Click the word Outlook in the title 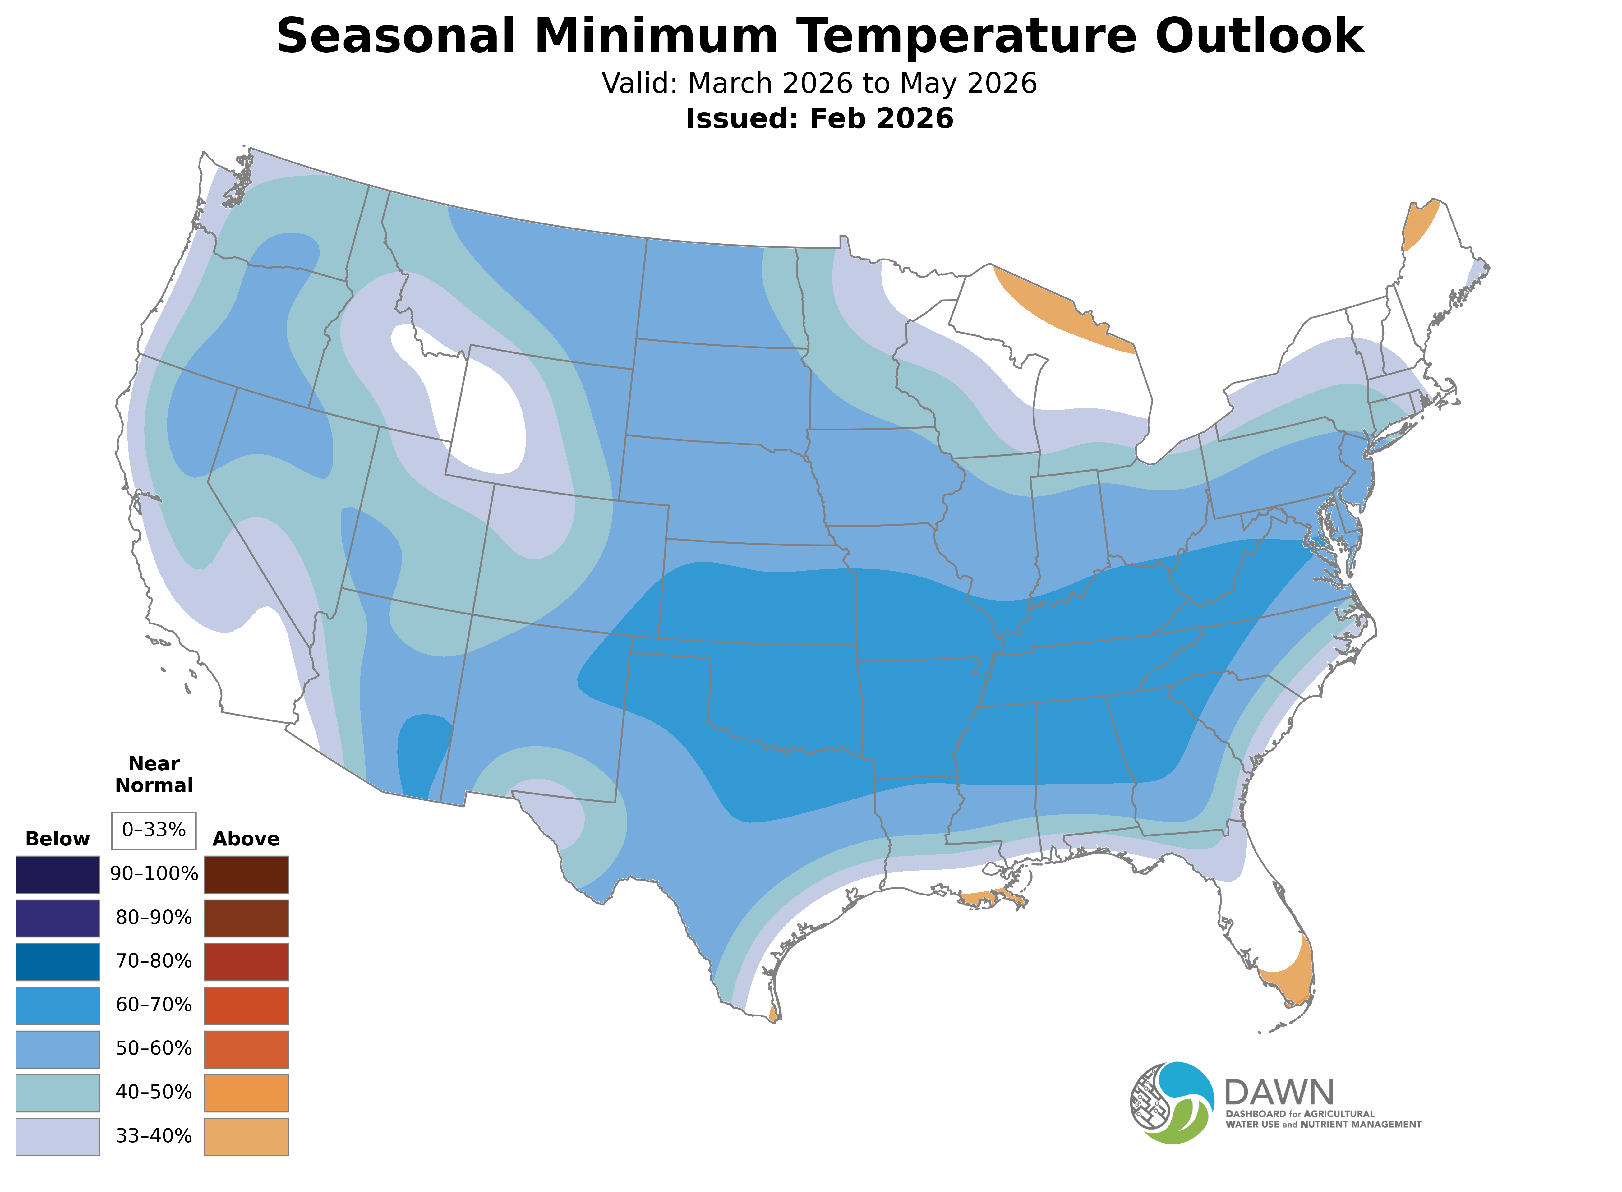click(x=1259, y=36)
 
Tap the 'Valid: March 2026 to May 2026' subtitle click(x=819, y=84)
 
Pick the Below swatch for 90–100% click(x=58, y=875)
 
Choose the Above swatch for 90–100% click(x=246, y=875)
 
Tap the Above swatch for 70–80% click(x=246, y=962)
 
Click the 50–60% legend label click(x=154, y=1048)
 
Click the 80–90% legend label click(x=154, y=918)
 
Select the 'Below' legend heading click(x=58, y=839)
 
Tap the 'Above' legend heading click(x=246, y=839)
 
